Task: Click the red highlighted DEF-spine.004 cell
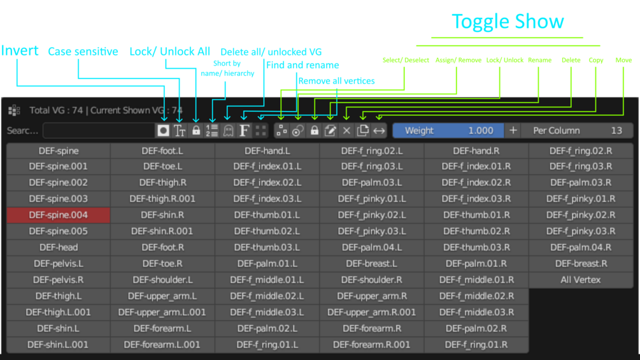(x=59, y=215)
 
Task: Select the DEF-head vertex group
(x=59, y=247)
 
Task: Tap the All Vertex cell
(x=580, y=280)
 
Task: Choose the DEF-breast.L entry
(x=371, y=264)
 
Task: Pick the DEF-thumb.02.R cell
(x=476, y=231)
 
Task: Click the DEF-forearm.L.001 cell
(x=162, y=345)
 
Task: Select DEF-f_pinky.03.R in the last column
(x=580, y=231)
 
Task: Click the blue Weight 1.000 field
(x=448, y=131)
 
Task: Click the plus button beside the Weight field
(x=513, y=131)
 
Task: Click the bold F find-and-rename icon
(x=244, y=131)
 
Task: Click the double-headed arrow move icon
(x=379, y=131)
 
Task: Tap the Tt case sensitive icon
(x=180, y=131)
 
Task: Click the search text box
(x=99, y=131)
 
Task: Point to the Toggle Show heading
(x=508, y=21)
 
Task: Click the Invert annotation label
(x=20, y=50)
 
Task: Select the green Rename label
(x=539, y=60)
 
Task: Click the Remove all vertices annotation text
(x=336, y=81)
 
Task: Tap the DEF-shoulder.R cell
(x=371, y=280)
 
